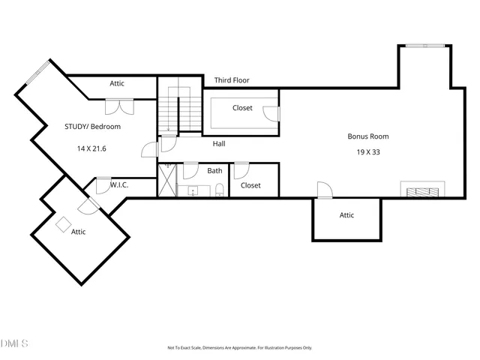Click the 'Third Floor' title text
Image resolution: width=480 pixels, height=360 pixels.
click(x=232, y=80)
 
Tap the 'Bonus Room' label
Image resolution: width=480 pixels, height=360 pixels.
click(x=367, y=136)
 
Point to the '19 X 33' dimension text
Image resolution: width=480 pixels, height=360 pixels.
click(x=367, y=151)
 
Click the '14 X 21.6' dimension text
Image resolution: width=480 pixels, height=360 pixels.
click(x=91, y=148)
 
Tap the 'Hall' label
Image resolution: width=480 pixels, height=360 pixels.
click(x=219, y=143)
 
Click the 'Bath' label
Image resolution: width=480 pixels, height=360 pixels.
click(x=214, y=171)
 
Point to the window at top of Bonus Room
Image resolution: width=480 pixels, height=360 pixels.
click(x=424, y=46)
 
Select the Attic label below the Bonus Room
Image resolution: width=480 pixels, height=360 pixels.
click(x=346, y=215)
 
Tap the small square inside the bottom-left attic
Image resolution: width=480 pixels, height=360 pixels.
click(x=63, y=223)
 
